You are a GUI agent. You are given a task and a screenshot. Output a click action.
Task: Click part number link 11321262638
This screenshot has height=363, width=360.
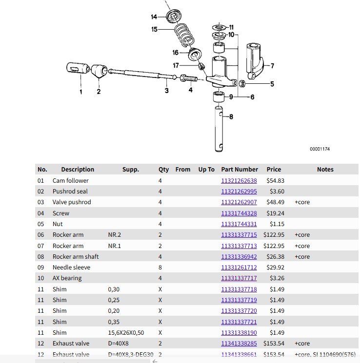pos(239,181)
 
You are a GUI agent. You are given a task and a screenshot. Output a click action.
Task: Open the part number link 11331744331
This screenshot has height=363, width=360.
pos(239,224)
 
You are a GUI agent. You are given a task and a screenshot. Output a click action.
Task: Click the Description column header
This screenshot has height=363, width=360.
pos(78,170)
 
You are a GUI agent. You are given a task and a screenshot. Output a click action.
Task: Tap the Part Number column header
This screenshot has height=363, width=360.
pos(240,170)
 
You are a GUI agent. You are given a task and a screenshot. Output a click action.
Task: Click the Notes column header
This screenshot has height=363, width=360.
pos(325,170)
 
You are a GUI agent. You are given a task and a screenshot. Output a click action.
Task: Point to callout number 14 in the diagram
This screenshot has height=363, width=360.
pos(154,17)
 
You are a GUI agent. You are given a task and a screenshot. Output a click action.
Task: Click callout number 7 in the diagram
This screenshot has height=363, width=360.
pos(272,66)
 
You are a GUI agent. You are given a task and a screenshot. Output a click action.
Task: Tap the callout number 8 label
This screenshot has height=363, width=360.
pos(231,117)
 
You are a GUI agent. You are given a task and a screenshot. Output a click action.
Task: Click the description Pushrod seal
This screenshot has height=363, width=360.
pos(70,191)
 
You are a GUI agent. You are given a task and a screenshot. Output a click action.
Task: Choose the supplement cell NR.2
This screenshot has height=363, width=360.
pos(114,235)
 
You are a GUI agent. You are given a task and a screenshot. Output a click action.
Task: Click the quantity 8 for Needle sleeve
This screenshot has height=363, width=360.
pos(160,267)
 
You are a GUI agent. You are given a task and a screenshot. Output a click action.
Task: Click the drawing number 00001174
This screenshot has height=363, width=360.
pos(320,149)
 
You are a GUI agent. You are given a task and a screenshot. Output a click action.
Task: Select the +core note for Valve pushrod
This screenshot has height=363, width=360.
pos(302,202)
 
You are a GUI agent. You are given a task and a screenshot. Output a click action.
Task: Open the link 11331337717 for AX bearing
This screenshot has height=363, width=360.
pos(239,278)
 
